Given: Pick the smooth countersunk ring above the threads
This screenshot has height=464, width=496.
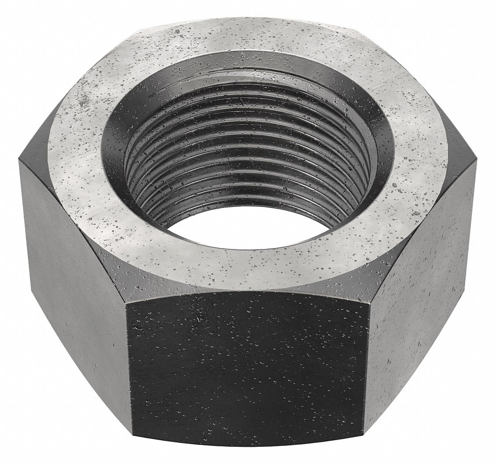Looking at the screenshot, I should coord(247,71).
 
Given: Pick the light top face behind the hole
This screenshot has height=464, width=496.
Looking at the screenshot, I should coord(247,38).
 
